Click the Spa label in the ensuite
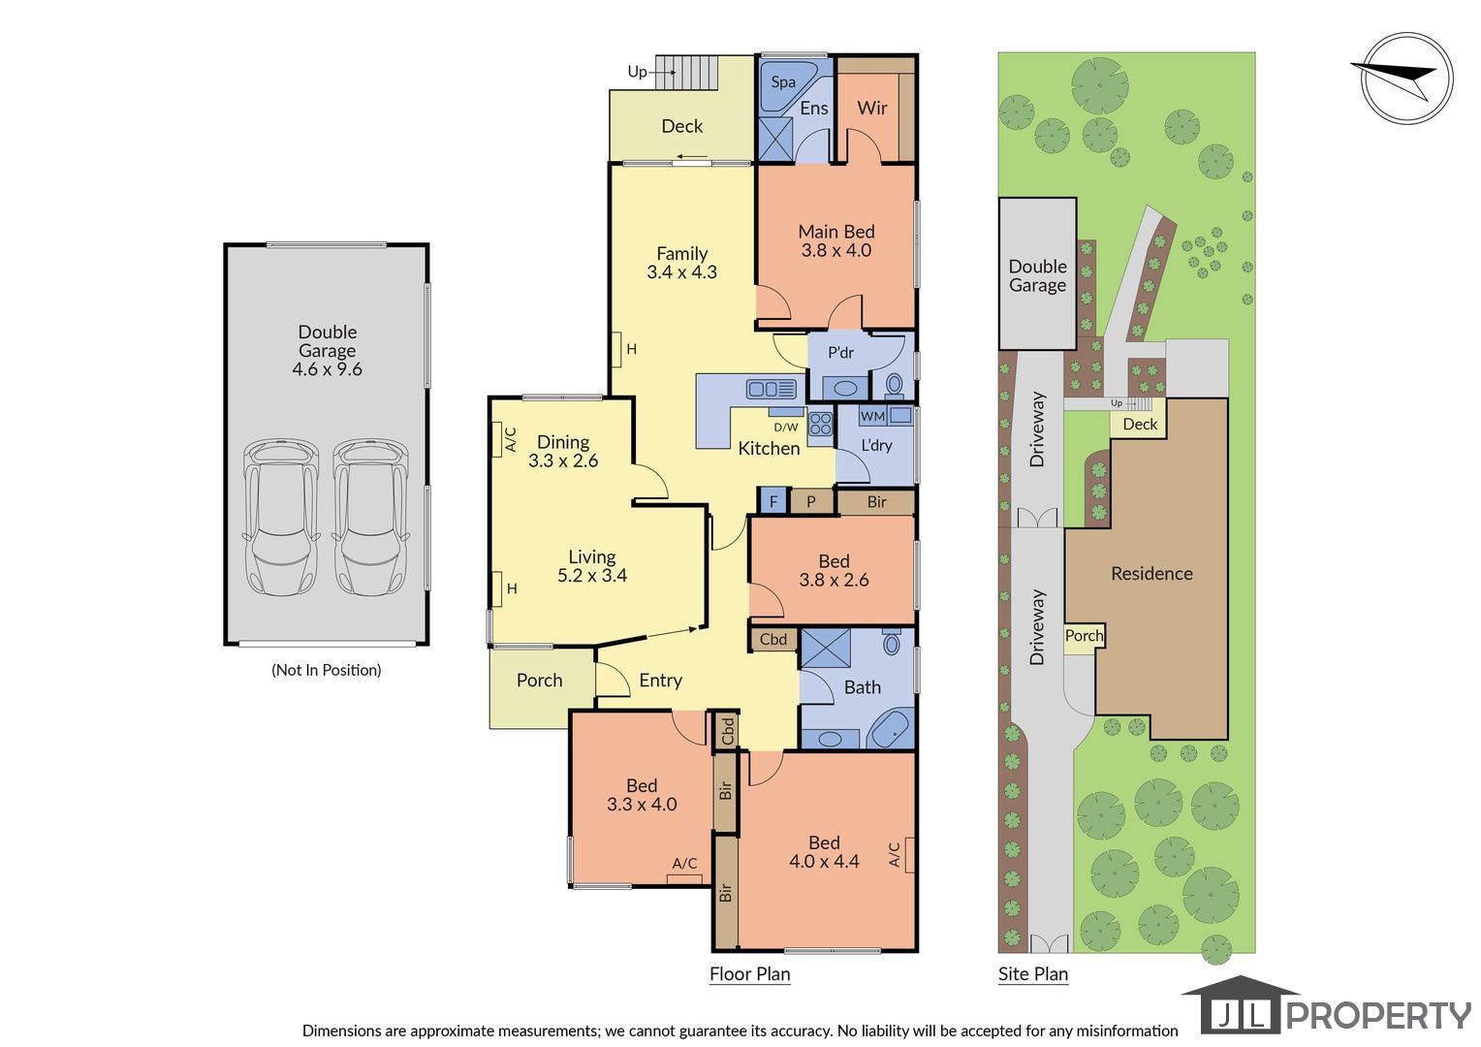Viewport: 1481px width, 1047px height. (783, 82)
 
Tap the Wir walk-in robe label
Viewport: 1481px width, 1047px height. (872, 108)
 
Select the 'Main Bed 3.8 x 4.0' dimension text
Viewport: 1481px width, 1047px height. (836, 240)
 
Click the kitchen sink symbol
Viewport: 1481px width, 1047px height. (771, 389)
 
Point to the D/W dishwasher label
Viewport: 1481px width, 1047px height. (785, 428)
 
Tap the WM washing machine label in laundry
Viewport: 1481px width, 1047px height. (872, 416)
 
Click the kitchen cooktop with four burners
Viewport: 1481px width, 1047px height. (821, 424)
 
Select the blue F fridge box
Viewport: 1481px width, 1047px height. (772, 501)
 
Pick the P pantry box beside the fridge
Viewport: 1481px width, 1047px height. (811, 501)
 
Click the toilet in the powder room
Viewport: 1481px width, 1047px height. (894, 384)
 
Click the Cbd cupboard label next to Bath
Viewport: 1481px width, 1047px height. (772, 639)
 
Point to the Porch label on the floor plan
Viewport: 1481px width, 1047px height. (540, 680)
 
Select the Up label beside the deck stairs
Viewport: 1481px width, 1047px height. (638, 72)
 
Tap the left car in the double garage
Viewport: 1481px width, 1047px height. (281, 518)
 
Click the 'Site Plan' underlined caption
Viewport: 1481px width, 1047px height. (1033, 974)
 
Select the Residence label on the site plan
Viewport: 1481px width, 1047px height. (1151, 574)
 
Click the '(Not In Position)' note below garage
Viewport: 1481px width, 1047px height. (327, 670)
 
